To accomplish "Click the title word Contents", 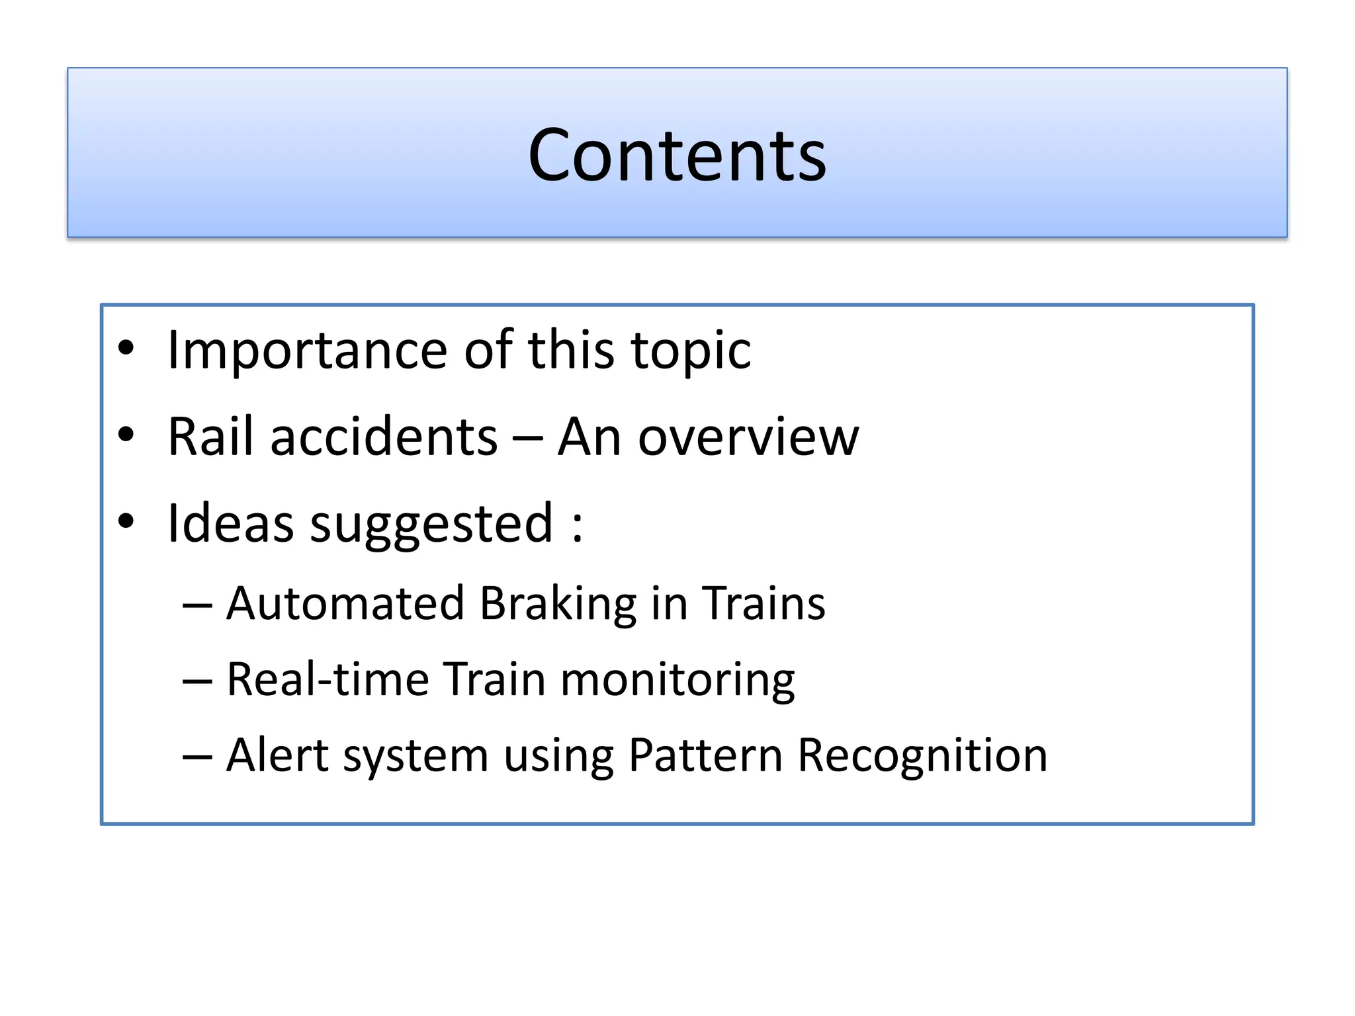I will pos(677,155).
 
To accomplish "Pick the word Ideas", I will pos(230,523).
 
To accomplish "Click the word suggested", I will pos(431,523).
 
